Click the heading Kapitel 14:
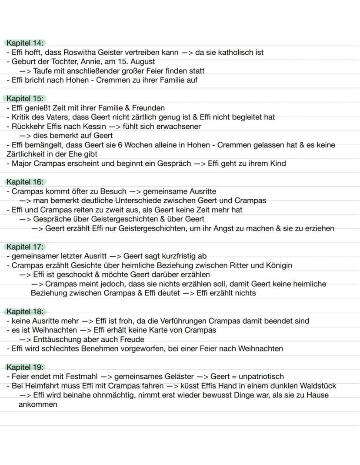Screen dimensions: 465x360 25,43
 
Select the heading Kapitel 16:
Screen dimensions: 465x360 25,182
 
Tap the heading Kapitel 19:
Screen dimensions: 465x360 25,367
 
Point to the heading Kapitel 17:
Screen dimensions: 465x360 25,247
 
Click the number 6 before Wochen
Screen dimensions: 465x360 120,145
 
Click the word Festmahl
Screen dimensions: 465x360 81,377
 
